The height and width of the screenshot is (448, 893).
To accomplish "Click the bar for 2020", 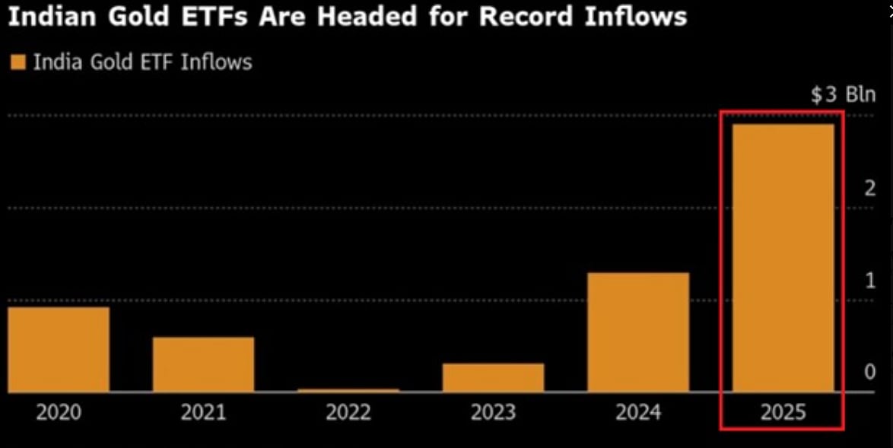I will pyautogui.click(x=59, y=349).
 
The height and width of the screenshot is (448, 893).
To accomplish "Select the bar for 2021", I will pyautogui.click(x=203, y=364).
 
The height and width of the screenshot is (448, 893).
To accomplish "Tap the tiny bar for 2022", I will pyautogui.click(x=348, y=390).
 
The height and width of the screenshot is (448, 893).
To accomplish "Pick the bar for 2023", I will pyautogui.click(x=493, y=377).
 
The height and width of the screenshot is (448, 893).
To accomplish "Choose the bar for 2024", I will pyautogui.click(x=638, y=332).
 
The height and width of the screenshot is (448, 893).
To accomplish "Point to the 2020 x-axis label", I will pyautogui.click(x=59, y=412).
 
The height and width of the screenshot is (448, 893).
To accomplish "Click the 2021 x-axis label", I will pyautogui.click(x=203, y=412).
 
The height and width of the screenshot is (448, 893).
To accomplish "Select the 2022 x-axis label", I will pyautogui.click(x=348, y=412).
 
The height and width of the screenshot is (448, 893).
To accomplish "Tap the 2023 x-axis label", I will pyautogui.click(x=493, y=412).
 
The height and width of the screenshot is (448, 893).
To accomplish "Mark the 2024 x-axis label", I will pyautogui.click(x=638, y=412).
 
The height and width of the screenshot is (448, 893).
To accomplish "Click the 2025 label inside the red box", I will pyautogui.click(x=783, y=412).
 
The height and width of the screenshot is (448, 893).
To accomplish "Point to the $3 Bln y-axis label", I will pyautogui.click(x=843, y=95).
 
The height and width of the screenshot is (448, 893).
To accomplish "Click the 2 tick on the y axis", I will pyautogui.click(x=869, y=189).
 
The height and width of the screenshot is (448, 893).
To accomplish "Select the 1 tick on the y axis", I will pyautogui.click(x=869, y=281).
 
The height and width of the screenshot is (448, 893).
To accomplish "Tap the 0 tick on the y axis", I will pyautogui.click(x=869, y=373).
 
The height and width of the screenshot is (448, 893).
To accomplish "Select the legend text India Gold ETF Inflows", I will pyautogui.click(x=142, y=62).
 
